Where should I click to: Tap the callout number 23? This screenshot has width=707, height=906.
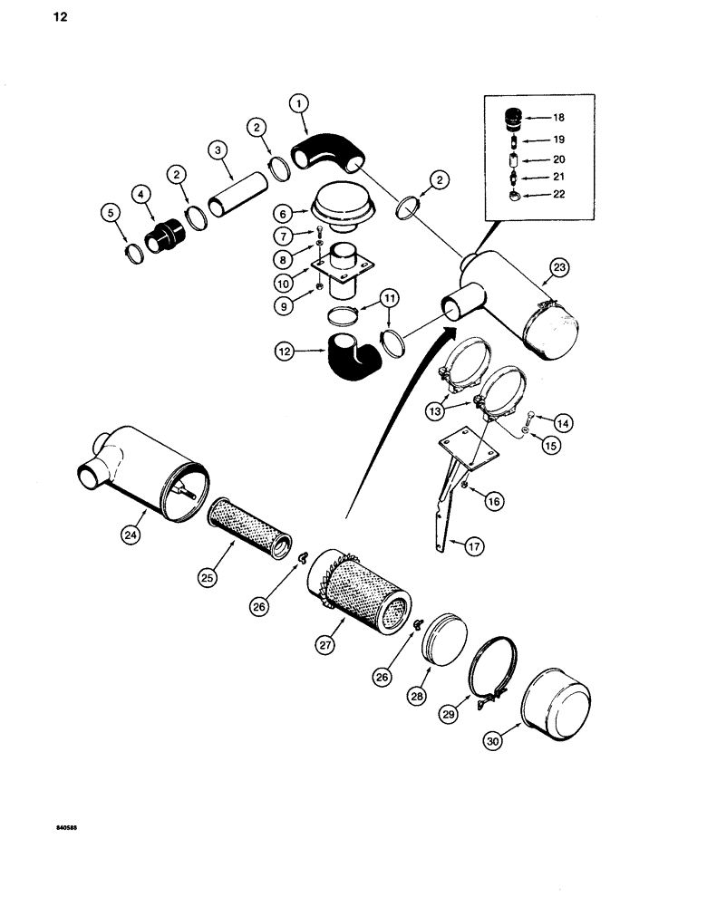click(558, 267)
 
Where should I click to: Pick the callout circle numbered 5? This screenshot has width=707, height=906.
click(111, 213)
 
